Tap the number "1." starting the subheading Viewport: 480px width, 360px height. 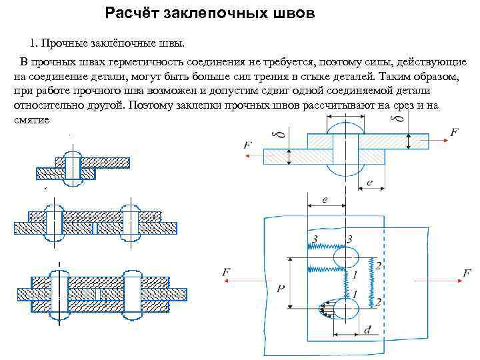pos(34,43)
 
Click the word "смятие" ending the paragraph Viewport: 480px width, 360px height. pos(31,120)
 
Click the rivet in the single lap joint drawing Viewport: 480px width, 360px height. pos(72,167)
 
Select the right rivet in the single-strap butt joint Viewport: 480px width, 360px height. pos(131,222)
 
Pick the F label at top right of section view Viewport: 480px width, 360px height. pos(454,133)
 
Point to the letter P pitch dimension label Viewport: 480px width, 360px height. pos(281,288)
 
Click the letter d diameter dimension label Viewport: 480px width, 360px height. pos(368,329)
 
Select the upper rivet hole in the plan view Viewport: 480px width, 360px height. pos(345,257)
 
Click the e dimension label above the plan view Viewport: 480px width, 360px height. pos(324,199)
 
